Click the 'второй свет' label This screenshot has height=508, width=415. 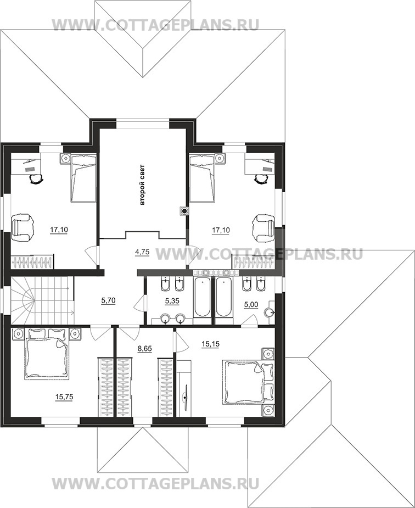pyautogui.click(x=142, y=185)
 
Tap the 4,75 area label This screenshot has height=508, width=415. pyautogui.click(x=142, y=252)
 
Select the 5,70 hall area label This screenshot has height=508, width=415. pyautogui.click(x=108, y=300)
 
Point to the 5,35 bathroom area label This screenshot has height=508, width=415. pyautogui.click(x=172, y=301)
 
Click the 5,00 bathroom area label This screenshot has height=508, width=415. pyautogui.click(x=251, y=305)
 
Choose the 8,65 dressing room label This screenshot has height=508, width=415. pyautogui.click(x=145, y=349)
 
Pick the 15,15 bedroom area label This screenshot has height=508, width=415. pyautogui.click(x=210, y=344)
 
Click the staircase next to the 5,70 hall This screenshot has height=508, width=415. pyautogui.click(x=42, y=300)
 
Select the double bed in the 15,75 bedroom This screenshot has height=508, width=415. pyautogui.click(x=47, y=354)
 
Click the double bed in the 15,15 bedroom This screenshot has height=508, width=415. pyautogui.click(x=248, y=382)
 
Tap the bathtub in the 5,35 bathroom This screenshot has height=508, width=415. pyautogui.click(x=203, y=297)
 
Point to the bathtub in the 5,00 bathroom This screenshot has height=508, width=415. pyautogui.click(x=224, y=297)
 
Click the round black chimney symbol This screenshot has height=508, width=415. pyautogui.click(x=184, y=211)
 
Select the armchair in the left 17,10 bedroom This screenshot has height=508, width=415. pyautogui.click(x=23, y=227)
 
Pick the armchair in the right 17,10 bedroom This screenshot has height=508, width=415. pyautogui.click(x=263, y=228)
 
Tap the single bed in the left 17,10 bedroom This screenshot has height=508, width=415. pyautogui.click(x=83, y=178)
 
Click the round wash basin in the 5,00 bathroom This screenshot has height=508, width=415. pyautogui.click(x=270, y=312)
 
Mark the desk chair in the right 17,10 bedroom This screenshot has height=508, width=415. pyautogui.click(x=260, y=178)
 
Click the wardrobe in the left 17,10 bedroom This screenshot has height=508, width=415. pyautogui.click(x=32, y=262)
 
